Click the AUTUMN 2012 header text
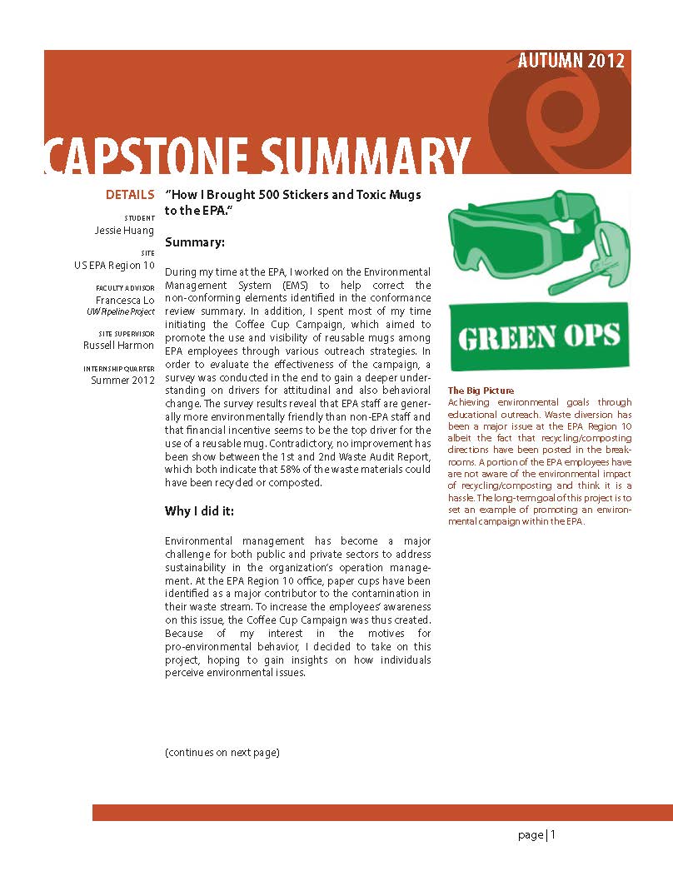[571, 62]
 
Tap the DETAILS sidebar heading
[129, 195]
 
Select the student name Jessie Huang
[124, 231]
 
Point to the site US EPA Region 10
[114, 266]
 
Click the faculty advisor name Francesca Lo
[125, 301]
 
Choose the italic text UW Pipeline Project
[121, 312]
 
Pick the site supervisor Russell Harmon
[118, 345]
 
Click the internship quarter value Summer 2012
[122, 381]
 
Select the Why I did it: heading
[199, 511]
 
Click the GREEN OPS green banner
[539, 336]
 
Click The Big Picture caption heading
[481, 391]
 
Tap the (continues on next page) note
[222, 753]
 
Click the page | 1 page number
[536, 835]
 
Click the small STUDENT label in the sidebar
[139, 218]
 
